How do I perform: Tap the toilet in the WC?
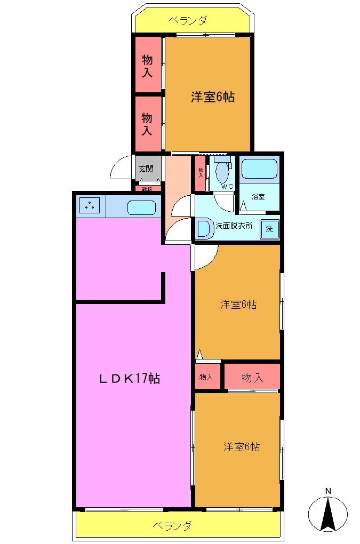coord(221,172)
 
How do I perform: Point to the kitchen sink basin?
coord(141,207)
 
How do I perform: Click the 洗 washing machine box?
coord(269,229)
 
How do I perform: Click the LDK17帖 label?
coord(130,379)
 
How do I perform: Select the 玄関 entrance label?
coord(146,169)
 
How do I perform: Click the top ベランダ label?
coord(188,21)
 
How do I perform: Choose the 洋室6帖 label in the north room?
coord(213,97)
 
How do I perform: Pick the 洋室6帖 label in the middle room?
coord(238,305)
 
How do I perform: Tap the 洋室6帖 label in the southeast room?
coord(242,447)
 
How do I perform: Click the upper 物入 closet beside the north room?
coord(147,66)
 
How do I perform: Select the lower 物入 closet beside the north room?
coord(147,123)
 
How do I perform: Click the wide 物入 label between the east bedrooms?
coord(252,378)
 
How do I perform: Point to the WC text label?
coord(227,186)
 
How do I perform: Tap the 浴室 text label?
coord(259,197)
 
